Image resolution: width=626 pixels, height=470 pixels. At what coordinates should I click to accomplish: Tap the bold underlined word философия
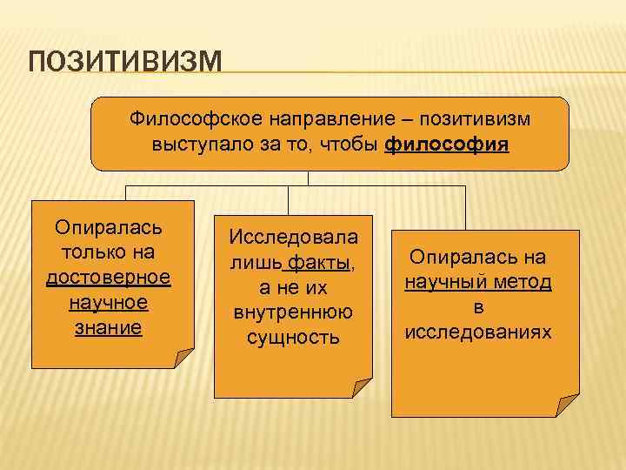click(x=446, y=144)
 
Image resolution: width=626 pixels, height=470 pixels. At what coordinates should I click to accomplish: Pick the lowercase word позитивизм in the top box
click(x=469, y=118)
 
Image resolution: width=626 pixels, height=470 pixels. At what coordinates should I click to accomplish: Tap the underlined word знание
click(x=109, y=328)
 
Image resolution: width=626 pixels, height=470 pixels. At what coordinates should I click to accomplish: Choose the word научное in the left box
click(x=109, y=303)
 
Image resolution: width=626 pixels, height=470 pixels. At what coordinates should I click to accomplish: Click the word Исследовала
click(x=292, y=236)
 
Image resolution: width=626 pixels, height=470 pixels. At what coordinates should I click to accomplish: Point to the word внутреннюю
click(x=292, y=312)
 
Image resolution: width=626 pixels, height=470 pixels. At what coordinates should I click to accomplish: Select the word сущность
click(x=292, y=337)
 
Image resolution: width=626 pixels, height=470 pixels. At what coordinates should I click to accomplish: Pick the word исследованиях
click(x=477, y=332)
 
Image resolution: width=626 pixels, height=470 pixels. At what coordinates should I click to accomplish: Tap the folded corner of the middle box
click(x=362, y=387)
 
